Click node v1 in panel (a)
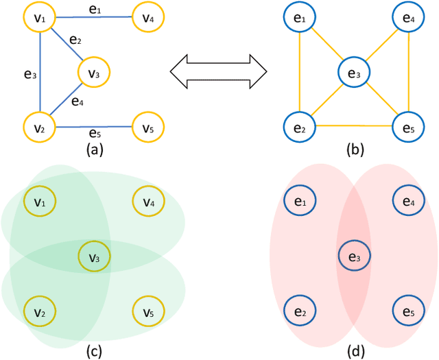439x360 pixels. coord(39,19)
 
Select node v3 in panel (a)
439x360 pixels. coord(95,72)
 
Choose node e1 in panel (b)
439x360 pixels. coord(299,19)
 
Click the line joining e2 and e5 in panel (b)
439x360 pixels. coord(354,125)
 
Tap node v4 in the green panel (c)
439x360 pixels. coord(148,202)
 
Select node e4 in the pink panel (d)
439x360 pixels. coord(409,202)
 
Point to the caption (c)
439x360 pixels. coord(94,352)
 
